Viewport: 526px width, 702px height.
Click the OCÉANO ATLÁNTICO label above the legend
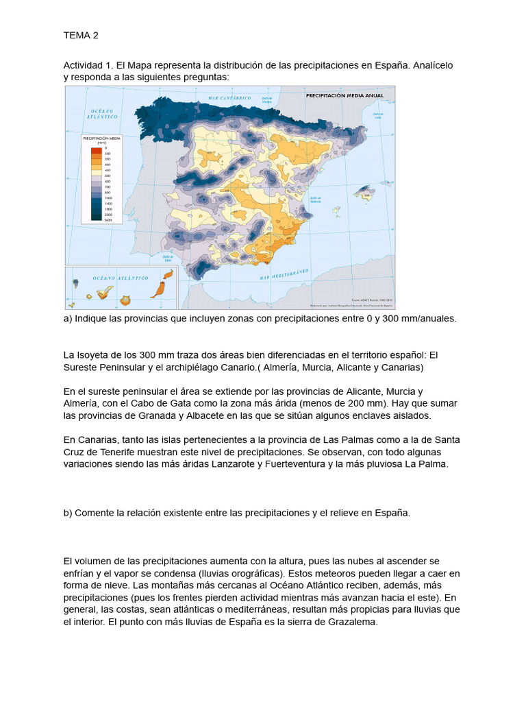pos(103,114)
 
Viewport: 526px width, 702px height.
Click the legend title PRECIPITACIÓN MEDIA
pos(101,138)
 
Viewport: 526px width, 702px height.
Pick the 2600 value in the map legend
pos(108,220)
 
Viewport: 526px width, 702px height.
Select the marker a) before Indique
pos(68,319)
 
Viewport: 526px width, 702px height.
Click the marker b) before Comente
pos(68,513)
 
